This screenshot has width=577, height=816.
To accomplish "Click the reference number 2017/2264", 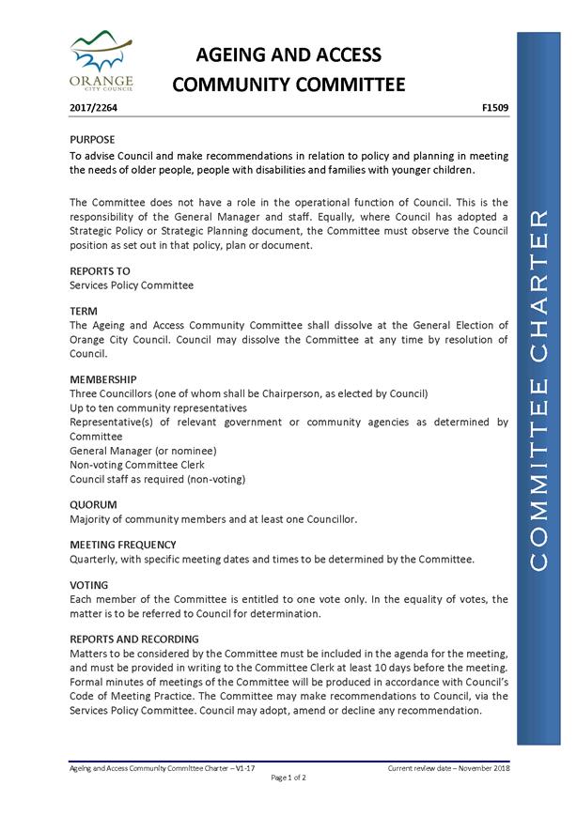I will pyautogui.click(x=94, y=109).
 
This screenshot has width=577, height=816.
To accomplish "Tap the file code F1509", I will pyautogui.click(x=494, y=109).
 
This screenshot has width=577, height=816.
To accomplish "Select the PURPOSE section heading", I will pyautogui.click(x=93, y=139).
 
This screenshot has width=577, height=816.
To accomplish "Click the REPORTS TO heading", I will pyautogui.click(x=100, y=270).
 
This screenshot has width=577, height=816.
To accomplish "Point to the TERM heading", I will pyautogui.click(x=84, y=311).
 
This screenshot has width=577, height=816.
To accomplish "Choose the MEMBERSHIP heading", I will pyautogui.click(x=103, y=379).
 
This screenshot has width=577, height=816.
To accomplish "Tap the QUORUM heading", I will pyautogui.click(x=93, y=504).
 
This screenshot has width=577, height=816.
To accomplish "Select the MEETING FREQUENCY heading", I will pyautogui.click(x=123, y=545).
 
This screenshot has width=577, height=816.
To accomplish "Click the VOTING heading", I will pyautogui.click(x=89, y=585).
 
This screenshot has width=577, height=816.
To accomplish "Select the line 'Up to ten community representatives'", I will pyautogui.click(x=159, y=408).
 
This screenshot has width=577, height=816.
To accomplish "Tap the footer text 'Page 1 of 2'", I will pyautogui.click(x=288, y=778).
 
